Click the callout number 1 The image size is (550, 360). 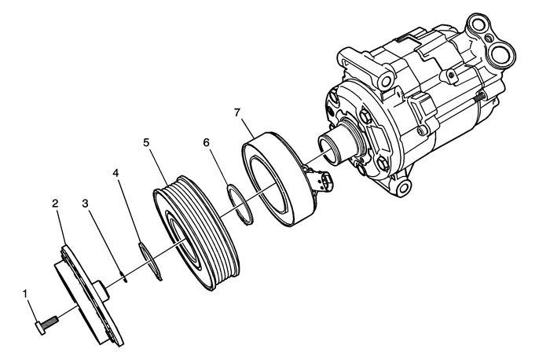tap(27, 295)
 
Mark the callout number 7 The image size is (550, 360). tap(236, 113)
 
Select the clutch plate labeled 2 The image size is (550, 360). tap(79, 303)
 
